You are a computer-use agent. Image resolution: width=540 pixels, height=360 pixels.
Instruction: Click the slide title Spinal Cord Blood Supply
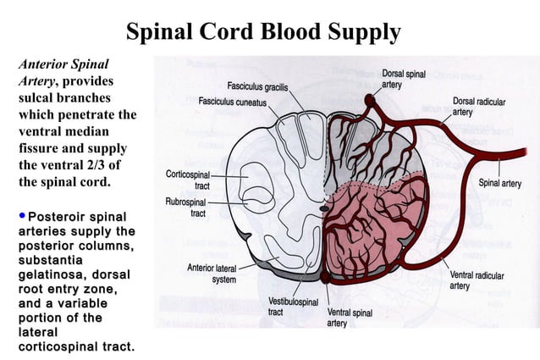click(262, 32)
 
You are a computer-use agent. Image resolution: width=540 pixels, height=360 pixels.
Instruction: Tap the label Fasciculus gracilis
click(257, 86)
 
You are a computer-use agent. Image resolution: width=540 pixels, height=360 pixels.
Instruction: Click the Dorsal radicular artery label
click(479, 106)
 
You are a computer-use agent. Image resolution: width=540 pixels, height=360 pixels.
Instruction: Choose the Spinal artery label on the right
click(499, 183)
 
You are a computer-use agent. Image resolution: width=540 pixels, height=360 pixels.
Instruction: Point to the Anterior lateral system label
click(212, 274)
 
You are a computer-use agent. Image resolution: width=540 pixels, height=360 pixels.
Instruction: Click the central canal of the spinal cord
click(325, 205)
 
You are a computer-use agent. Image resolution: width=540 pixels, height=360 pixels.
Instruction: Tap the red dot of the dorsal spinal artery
click(369, 100)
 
